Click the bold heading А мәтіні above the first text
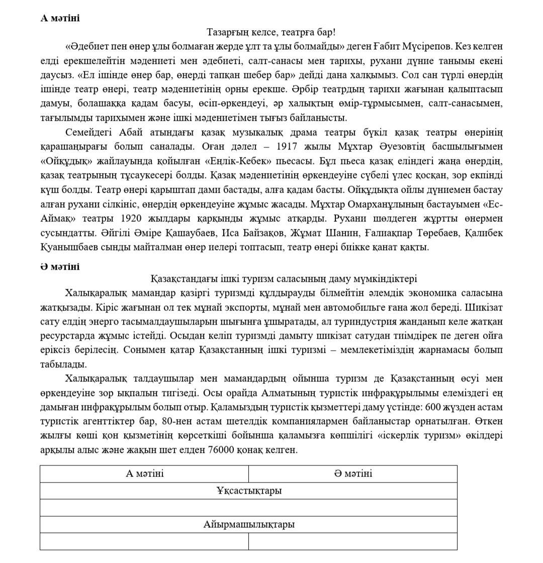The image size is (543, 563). pyautogui.click(x=60, y=18)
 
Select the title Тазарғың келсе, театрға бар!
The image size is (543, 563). pyautogui.click(x=271, y=32)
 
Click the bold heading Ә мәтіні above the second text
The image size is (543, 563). pyautogui.click(x=60, y=267)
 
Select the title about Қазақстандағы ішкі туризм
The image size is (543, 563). pyautogui.click(x=284, y=279)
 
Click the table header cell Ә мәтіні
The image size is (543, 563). pyautogui.click(x=353, y=473)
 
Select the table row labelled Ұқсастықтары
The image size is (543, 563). pyautogui.click(x=249, y=491)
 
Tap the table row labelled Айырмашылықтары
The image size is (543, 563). pyautogui.click(x=249, y=524)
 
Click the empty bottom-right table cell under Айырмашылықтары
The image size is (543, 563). pyautogui.click(x=353, y=541)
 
